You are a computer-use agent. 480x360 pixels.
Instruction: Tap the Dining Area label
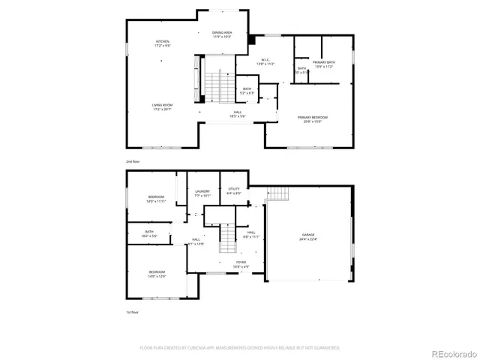(222, 34)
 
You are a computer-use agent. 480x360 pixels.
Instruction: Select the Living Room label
(163, 107)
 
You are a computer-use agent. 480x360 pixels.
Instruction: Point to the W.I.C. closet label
(266, 61)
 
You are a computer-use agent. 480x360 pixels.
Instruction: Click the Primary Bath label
(323, 64)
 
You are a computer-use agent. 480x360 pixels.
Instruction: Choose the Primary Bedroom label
(312, 118)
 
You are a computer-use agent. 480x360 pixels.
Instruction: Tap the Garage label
(309, 237)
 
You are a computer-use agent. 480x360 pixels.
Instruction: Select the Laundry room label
(202, 193)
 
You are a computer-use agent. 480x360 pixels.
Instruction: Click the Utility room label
(234, 190)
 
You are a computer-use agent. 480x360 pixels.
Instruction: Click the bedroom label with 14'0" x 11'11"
(156, 199)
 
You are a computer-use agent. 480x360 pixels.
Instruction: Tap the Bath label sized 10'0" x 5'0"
(149, 233)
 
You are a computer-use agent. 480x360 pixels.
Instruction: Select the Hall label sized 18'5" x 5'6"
(237, 114)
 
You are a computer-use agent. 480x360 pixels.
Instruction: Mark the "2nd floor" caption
(133, 161)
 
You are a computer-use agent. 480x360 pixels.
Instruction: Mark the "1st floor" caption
(133, 313)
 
